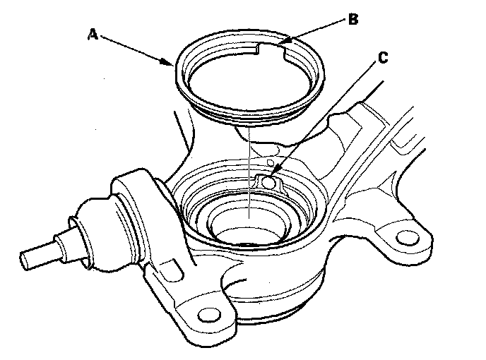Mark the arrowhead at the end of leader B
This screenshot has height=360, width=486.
[281, 44]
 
